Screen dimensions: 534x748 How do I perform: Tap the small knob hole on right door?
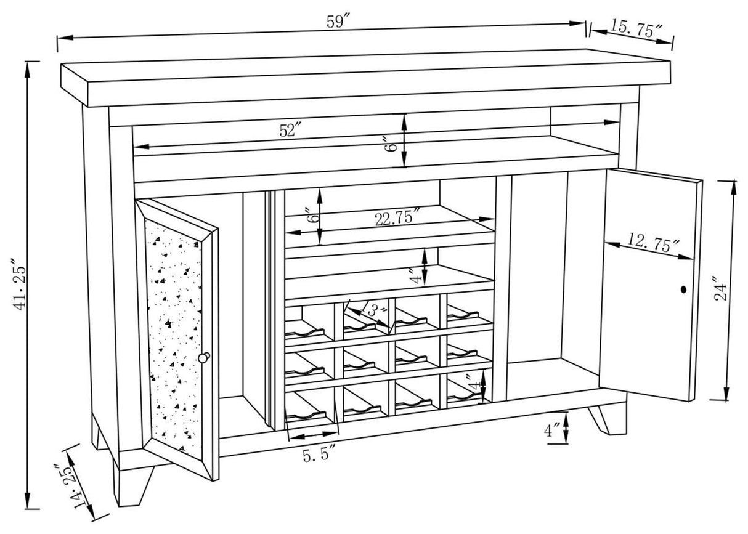pos(683,289)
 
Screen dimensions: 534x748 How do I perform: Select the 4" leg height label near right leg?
pos(551,431)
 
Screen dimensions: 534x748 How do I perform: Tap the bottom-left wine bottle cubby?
pos(311,408)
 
